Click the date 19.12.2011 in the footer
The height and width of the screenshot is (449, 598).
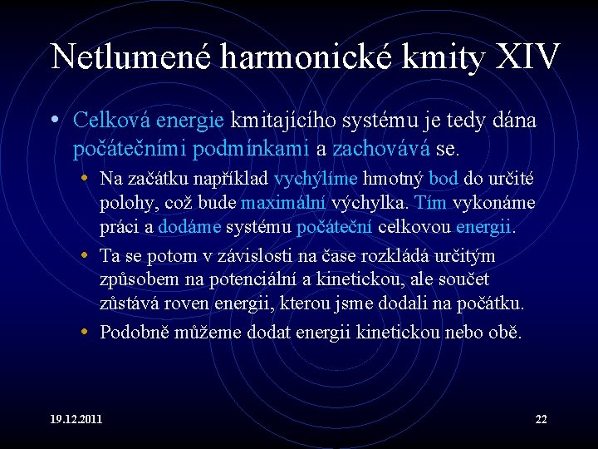pyautogui.click(x=76, y=419)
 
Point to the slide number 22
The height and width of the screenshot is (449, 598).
pyautogui.click(x=541, y=419)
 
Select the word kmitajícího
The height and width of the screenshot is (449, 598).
pyautogui.click(x=286, y=121)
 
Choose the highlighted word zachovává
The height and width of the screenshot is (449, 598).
pyautogui.click(x=381, y=150)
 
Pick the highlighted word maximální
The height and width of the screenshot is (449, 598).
pyautogui.click(x=284, y=203)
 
